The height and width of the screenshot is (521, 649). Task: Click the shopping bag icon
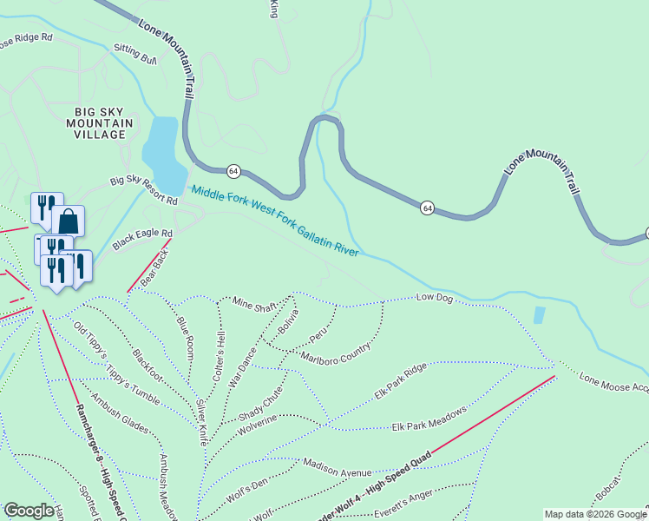click(x=68, y=221)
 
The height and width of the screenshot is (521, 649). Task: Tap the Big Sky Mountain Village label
click(x=103, y=123)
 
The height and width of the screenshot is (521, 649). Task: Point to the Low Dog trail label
click(x=435, y=299)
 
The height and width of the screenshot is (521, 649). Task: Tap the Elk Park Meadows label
click(x=429, y=418)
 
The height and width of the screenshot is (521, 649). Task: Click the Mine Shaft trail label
click(x=255, y=304)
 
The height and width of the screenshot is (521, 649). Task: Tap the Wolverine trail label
click(x=257, y=420)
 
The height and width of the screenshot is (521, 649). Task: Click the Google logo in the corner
click(x=29, y=511)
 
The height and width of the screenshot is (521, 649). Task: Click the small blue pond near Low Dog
click(x=541, y=315)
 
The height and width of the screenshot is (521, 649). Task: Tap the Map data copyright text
click(x=594, y=514)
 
